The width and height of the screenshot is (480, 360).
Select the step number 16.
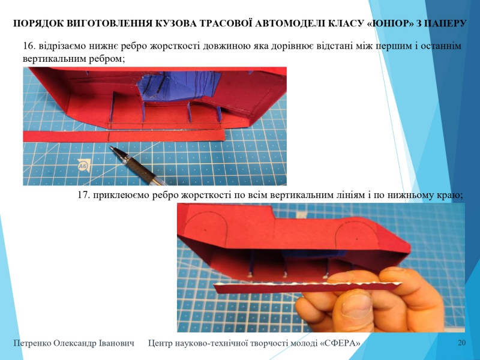29,46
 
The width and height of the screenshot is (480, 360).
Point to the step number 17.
83,194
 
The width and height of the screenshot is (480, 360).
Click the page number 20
461,343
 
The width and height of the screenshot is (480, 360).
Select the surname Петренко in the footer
32,343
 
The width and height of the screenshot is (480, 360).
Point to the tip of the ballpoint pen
111,147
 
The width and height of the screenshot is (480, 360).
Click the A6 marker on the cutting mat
83,166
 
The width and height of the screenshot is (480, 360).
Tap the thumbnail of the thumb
356,305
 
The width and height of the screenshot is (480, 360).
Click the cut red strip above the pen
124,136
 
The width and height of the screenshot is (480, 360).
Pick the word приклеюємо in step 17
119,194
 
